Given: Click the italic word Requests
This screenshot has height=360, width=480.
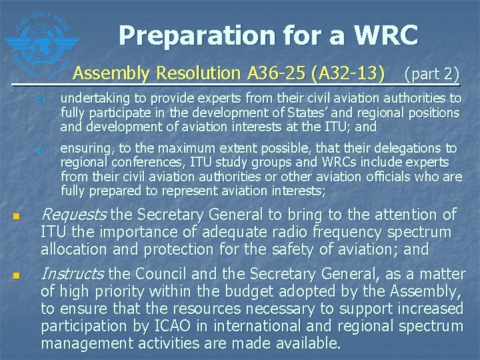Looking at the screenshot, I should (73, 214).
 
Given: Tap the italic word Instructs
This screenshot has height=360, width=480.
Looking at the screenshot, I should (72, 274).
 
